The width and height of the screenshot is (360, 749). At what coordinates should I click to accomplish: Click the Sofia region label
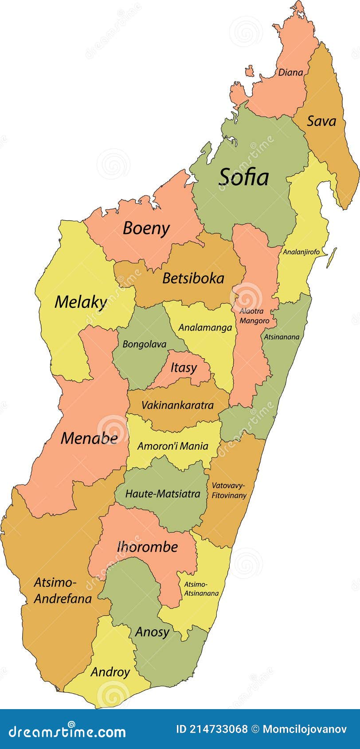(244, 177)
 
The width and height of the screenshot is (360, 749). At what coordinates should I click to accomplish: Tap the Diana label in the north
(290, 72)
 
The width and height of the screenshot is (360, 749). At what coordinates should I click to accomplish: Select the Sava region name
(321, 121)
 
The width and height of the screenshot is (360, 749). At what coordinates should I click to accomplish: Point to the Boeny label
(146, 228)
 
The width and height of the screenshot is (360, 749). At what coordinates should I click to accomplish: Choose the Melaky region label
(81, 302)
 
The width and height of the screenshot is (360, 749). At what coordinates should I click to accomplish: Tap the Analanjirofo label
(301, 252)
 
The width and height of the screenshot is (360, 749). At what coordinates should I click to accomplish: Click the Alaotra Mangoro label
(254, 316)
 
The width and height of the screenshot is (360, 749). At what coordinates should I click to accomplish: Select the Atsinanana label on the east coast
(282, 337)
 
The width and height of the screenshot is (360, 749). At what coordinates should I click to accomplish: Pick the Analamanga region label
(205, 328)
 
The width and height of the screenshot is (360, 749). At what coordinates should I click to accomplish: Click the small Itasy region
(183, 368)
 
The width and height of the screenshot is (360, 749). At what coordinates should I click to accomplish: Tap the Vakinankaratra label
(177, 405)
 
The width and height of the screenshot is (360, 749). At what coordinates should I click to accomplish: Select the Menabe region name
(89, 438)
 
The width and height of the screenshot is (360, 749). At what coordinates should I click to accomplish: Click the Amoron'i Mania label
(172, 446)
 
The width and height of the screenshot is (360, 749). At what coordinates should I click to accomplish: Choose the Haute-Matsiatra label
(163, 494)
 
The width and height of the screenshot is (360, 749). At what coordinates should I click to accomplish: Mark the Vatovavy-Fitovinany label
(228, 491)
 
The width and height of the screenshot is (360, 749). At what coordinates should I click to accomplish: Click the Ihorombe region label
(147, 547)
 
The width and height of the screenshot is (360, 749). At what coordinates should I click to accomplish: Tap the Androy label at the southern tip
(110, 672)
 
